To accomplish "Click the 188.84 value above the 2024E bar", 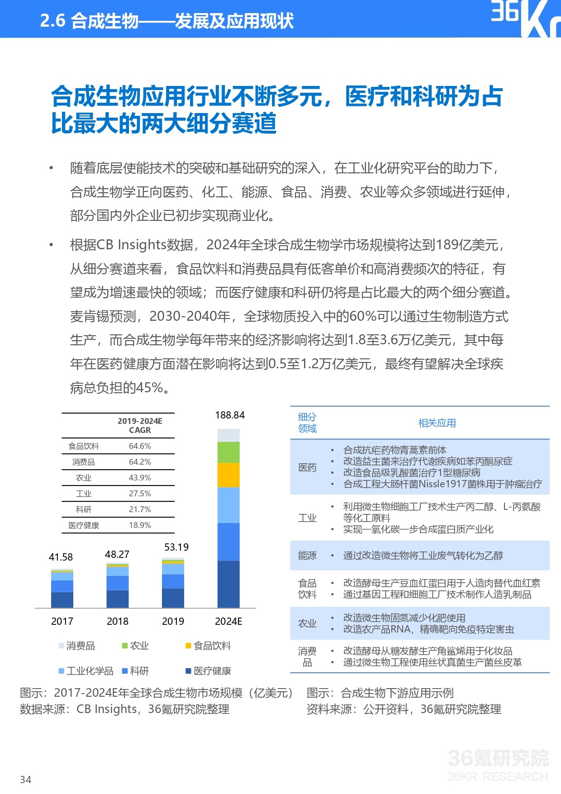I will click(x=230, y=415).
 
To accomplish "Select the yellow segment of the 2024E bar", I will click(x=228, y=475).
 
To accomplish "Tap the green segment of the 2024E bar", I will click(x=228, y=452).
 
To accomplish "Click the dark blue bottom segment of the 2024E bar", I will click(x=228, y=584).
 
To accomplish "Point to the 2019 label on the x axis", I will click(x=173, y=621).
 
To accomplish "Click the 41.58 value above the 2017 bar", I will click(x=61, y=557).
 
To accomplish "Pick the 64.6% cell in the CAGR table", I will click(x=140, y=446).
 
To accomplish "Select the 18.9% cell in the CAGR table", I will click(x=140, y=525).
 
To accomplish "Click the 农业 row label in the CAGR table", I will click(x=84, y=478).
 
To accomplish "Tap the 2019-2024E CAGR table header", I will click(x=140, y=425).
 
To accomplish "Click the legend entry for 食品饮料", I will click(x=208, y=646).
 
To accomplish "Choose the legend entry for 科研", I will click(x=135, y=671).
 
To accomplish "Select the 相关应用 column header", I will click(x=437, y=423).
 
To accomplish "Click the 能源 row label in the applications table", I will click(x=307, y=556).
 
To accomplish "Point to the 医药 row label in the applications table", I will click(x=307, y=467).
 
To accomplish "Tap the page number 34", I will click(x=26, y=780).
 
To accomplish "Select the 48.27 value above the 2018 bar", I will click(x=117, y=554).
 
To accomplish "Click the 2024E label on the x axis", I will click(x=228, y=621).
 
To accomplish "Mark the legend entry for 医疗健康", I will click(x=208, y=671).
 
